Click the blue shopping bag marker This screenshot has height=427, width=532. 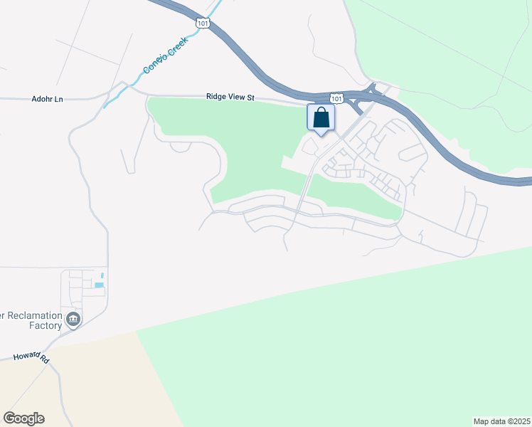click(321, 117)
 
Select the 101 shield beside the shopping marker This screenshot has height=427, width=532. click(336, 97)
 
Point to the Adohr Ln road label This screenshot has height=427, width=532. click(48, 99)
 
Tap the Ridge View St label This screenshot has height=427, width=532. click(230, 97)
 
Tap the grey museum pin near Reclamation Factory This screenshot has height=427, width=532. click(73, 320)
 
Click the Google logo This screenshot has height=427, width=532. click(23, 418)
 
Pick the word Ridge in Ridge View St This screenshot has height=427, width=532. click(216, 97)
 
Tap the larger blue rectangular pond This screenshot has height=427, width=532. click(99, 285)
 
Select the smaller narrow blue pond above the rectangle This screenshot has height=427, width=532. click(102, 275)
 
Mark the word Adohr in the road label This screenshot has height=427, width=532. click(43, 99)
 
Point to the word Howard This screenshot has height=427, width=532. click(24, 356)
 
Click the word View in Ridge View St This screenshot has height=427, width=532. click(235, 97)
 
